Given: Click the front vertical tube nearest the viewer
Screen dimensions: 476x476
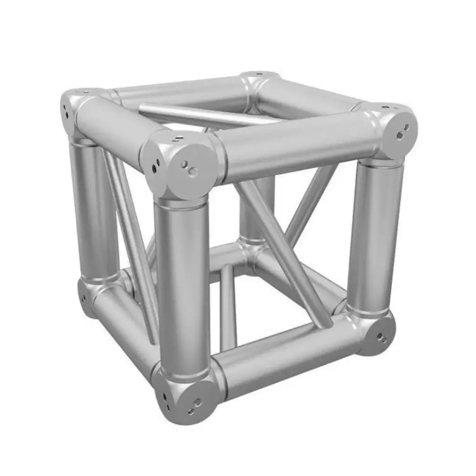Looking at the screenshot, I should (182, 284).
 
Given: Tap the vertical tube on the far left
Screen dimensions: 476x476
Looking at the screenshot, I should (93, 209).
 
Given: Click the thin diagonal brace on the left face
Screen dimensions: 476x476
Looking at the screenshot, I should (132, 242).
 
